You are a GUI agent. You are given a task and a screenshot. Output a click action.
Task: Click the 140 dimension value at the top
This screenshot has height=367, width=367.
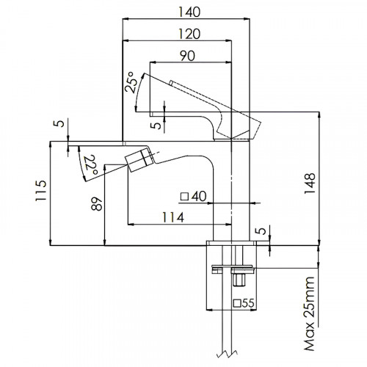tap(189, 12)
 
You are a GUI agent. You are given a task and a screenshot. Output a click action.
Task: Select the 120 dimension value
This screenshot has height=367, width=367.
tap(189, 34)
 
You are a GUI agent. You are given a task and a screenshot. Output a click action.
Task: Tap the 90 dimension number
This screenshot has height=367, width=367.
tap(187, 56)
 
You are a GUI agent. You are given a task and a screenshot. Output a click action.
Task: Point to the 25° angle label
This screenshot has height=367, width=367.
tap(130, 82)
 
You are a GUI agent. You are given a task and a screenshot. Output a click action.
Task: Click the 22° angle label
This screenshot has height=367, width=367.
tap(92, 164)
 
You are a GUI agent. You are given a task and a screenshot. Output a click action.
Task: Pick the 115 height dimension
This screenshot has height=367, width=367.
tap(40, 191)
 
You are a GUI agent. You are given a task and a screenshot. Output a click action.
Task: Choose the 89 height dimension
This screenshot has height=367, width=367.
tap(97, 204)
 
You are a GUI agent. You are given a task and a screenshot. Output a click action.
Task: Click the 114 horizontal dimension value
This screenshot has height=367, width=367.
tap(173, 217)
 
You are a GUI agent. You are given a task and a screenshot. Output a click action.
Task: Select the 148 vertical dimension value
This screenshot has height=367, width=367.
tap(310, 183)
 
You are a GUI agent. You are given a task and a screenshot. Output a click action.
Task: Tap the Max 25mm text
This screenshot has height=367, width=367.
tap(309, 314)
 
